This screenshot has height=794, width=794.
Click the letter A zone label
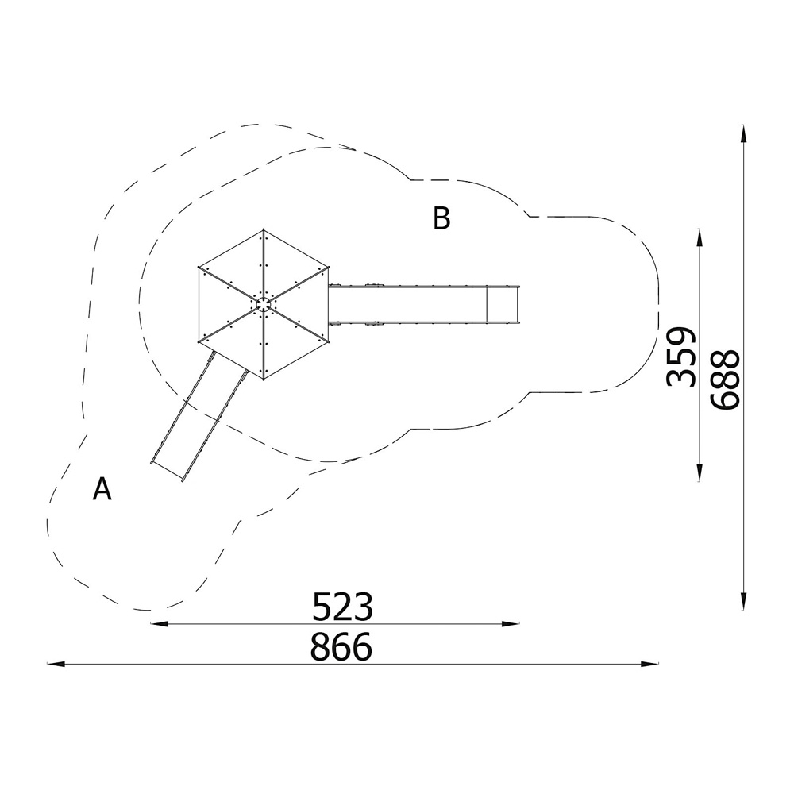[102, 488]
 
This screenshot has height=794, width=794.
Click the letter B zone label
[441, 219]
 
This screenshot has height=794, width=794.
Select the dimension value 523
[342, 607]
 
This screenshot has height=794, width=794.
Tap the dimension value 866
[341, 646]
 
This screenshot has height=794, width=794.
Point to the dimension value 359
[681, 357]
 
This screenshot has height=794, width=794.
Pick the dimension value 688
[725, 378]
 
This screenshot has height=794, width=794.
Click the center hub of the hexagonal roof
[264, 304]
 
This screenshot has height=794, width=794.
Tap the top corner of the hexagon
[264, 229]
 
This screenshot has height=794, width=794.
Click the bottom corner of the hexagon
[264, 379]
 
